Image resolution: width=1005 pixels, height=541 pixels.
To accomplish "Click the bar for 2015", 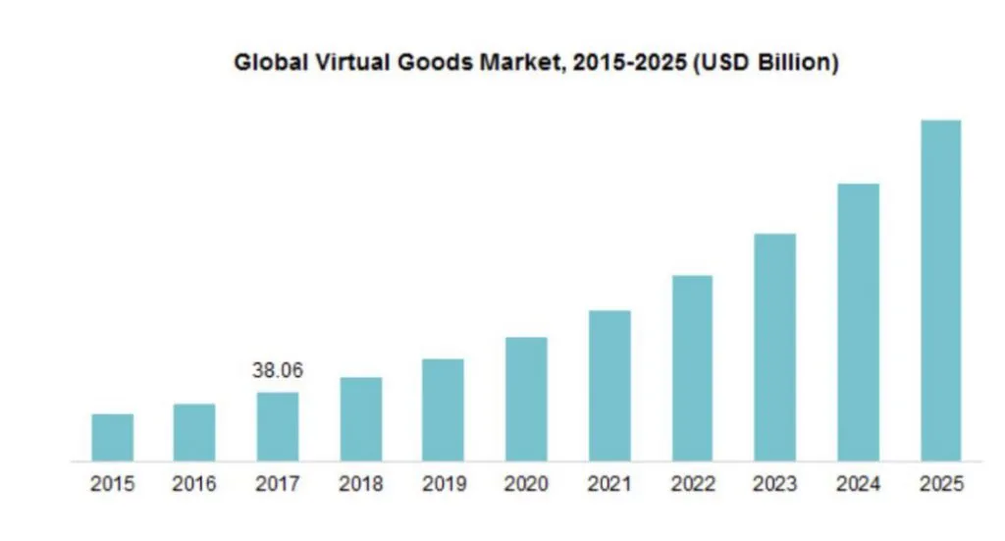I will [113, 437].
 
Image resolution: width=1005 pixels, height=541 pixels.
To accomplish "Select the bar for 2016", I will [194, 432].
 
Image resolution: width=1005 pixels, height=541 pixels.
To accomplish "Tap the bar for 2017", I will [278, 426].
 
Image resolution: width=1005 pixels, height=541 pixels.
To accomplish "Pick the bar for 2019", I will [444, 409].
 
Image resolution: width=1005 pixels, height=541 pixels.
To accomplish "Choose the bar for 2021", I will [609, 386].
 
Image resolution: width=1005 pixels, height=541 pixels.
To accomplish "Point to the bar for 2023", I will [775, 348].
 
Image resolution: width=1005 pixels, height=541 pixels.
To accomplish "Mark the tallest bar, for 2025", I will [940, 291].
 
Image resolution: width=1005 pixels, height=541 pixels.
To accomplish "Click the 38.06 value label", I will [278, 371].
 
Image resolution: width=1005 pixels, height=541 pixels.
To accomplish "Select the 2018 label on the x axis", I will [361, 485].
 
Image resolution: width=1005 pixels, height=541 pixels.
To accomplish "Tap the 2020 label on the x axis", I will [527, 485].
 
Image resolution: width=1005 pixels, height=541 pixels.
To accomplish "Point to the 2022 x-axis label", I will [693, 485].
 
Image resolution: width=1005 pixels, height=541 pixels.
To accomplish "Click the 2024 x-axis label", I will [858, 485].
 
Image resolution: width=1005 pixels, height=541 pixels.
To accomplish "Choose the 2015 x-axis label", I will [113, 485].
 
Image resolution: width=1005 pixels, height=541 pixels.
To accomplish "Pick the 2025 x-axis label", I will [941, 485].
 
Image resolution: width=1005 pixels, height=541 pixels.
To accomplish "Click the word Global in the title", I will [266, 64].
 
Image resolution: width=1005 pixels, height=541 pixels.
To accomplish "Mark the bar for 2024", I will [858, 322].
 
